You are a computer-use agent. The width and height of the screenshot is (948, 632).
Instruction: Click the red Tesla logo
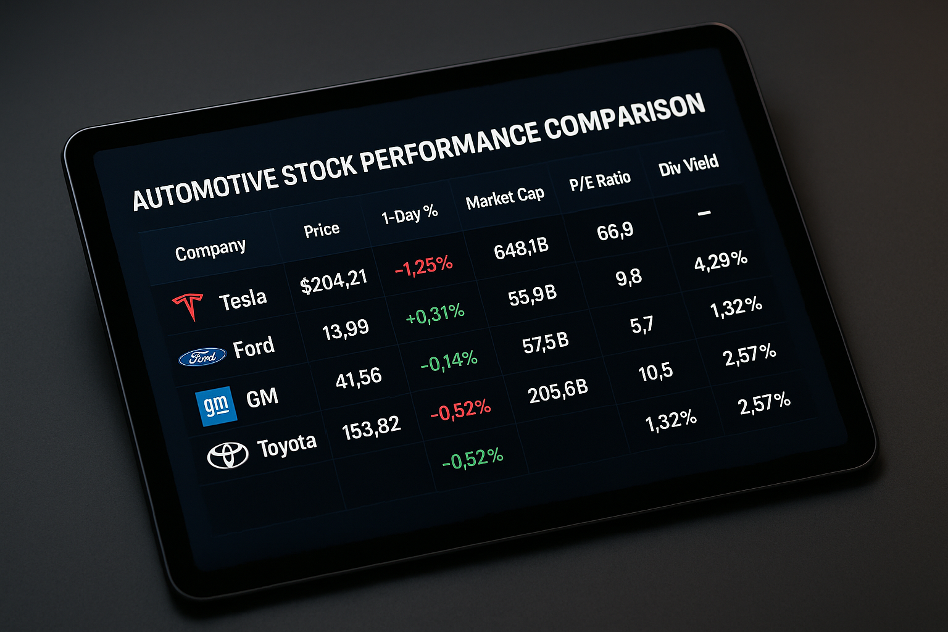(x=188, y=307)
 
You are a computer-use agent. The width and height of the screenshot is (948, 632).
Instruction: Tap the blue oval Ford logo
(x=202, y=357)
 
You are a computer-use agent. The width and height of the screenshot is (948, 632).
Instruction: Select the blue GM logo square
(x=216, y=406)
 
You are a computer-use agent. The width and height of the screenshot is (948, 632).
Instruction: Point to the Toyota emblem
(x=227, y=455)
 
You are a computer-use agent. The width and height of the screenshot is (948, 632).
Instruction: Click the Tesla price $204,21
(x=333, y=281)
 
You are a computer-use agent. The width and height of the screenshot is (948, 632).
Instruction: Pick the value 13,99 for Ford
(x=346, y=330)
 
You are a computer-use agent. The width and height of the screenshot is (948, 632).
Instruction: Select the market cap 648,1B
(x=521, y=249)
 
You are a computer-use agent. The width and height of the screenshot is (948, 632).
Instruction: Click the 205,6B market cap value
(x=558, y=391)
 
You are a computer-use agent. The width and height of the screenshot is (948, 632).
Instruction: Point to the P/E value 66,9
(x=615, y=231)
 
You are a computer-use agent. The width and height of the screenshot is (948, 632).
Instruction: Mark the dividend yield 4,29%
(x=721, y=260)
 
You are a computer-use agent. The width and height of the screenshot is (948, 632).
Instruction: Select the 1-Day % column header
(x=409, y=214)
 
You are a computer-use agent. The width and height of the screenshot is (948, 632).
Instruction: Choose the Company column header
(x=210, y=250)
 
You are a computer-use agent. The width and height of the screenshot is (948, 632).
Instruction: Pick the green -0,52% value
(x=473, y=459)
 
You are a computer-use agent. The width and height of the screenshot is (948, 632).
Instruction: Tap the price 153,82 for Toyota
(x=371, y=428)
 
